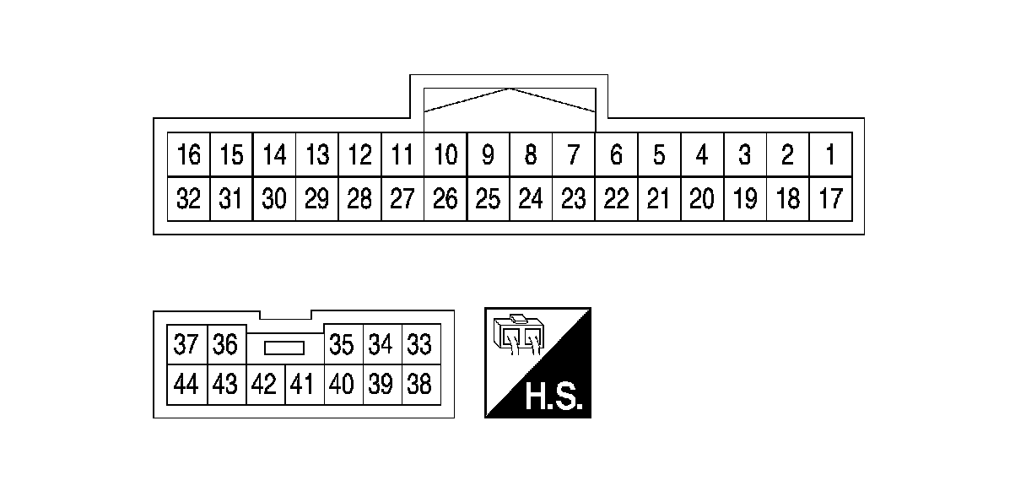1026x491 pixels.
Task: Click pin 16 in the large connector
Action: [189, 155]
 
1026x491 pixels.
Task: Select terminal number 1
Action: [830, 155]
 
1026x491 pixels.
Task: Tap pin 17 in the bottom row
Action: [830, 199]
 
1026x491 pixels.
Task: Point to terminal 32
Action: [189, 199]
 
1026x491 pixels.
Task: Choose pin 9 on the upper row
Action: [489, 155]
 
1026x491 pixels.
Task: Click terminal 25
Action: [489, 199]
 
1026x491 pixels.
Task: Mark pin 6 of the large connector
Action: [617, 155]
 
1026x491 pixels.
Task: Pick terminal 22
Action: [617, 199]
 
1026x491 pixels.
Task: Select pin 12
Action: [360, 155]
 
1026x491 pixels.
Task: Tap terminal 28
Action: [360, 199]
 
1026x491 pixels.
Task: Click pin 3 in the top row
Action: [745, 155]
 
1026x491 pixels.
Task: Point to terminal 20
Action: [702, 199]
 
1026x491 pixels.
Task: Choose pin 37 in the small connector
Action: [186, 345]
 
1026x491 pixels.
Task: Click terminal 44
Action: [186, 385]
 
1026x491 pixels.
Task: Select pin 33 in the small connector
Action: [419, 345]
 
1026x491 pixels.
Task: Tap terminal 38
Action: [419, 385]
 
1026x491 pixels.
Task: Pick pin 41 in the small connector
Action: [302, 385]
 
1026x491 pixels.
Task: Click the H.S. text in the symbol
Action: [553, 397]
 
